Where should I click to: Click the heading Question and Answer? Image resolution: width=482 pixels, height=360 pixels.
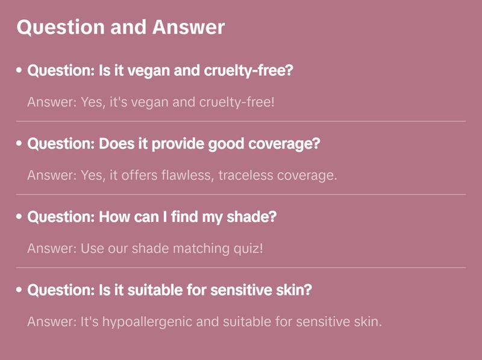120,28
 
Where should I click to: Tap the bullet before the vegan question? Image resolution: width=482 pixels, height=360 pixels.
19,71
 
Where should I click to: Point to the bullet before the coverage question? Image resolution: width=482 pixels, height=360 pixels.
19,144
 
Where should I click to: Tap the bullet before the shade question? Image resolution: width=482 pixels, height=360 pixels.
19,217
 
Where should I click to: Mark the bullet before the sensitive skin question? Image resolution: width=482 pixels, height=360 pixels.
19,290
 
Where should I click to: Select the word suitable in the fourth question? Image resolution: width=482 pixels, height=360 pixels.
158,290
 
